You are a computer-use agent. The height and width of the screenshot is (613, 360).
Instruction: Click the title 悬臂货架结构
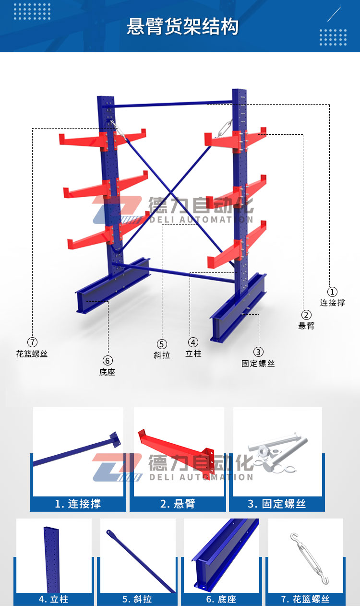[x=182, y=27]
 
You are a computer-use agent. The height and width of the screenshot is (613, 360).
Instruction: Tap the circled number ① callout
[x=332, y=292]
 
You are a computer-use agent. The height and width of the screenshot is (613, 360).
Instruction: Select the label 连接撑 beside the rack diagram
[x=332, y=303]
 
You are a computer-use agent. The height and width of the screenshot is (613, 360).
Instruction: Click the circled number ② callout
[x=306, y=315]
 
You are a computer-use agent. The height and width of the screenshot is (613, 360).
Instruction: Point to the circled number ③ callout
[x=258, y=352]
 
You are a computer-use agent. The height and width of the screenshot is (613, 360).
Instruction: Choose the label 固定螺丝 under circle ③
[x=258, y=364]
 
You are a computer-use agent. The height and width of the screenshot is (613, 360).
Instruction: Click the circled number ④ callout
[x=193, y=342]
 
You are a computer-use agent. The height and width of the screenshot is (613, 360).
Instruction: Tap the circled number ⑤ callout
[x=162, y=344]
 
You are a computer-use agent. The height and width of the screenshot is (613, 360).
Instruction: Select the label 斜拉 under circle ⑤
[x=162, y=355]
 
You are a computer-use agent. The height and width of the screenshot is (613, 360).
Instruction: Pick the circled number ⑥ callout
[x=108, y=361]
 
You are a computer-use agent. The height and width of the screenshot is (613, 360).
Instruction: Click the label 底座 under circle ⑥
[x=107, y=372]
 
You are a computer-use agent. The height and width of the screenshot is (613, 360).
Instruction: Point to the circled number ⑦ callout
[x=32, y=342]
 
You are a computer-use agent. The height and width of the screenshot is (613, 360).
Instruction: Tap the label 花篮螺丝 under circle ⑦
[x=32, y=354]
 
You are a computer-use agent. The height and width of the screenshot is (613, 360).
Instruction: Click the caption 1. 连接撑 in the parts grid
[x=78, y=504]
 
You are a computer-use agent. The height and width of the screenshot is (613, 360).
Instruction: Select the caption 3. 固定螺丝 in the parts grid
[x=276, y=504]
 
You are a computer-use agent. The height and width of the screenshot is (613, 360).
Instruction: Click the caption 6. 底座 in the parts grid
[x=221, y=599]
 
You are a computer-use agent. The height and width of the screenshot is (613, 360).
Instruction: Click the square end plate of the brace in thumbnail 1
[x=115, y=439]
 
